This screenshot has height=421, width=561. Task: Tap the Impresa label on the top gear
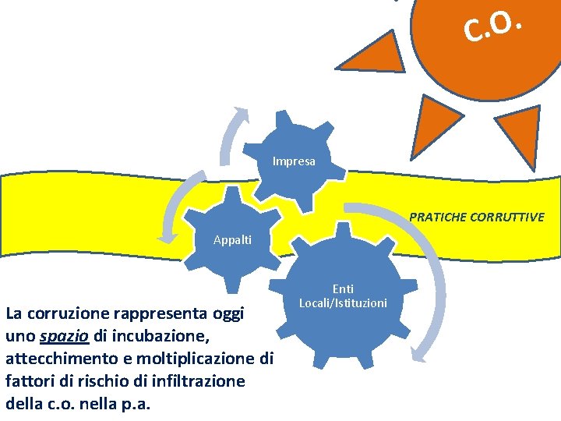(294, 161)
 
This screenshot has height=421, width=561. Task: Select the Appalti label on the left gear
(232, 239)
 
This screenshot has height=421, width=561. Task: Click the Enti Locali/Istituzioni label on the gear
(343, 295)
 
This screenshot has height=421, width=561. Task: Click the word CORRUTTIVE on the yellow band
(507, 217)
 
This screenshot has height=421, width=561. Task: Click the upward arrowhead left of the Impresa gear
(242, 115)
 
